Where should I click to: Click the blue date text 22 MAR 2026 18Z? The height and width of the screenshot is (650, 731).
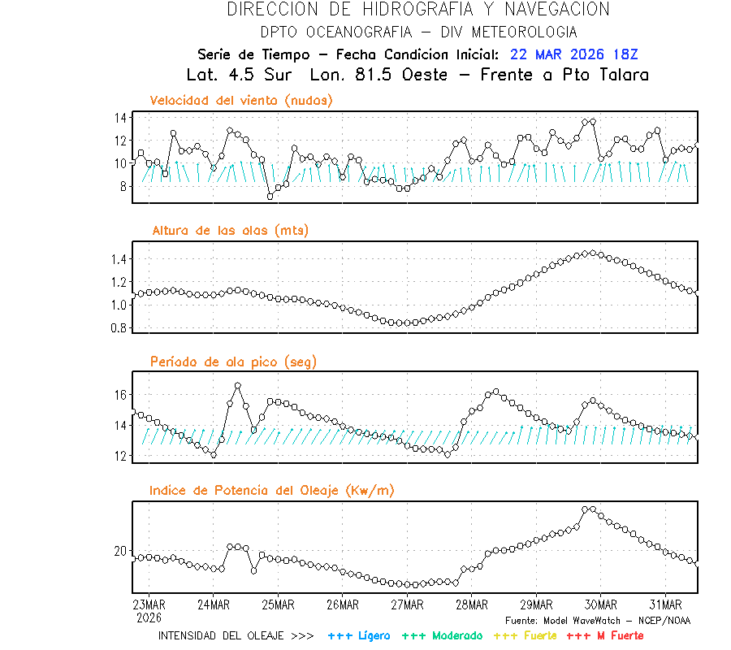(x=574, y=54)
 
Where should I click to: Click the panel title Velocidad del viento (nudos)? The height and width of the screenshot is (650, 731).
(x=241, y=100)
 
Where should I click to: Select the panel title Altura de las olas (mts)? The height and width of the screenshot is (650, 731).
(x=231, y=231)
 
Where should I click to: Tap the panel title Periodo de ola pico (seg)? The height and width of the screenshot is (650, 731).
(x=233, y=362)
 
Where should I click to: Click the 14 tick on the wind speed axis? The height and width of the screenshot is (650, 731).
(x=120, y=118)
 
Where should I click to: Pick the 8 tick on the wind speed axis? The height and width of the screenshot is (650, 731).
(x=123, y=186)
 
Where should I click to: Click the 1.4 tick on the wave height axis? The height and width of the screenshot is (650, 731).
(x=118, y=259)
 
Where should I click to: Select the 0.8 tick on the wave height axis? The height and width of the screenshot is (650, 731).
(x=118, y=328)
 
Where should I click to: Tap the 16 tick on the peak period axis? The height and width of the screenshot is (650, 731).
(x=120, y=395)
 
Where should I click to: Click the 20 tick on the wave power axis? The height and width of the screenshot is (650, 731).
(x=120, y=551)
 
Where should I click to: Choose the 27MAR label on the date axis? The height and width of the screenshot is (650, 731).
(x=407, y=604)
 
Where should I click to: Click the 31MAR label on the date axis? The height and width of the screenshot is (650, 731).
(x=665, y=604)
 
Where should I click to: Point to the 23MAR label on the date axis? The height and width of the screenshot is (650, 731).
(x=149, y=604)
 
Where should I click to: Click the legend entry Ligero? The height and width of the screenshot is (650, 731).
(x=360, y=635)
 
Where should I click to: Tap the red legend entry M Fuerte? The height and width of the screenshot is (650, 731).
(x=605, y=635)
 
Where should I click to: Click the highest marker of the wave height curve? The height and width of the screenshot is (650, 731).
(x=592, y=253)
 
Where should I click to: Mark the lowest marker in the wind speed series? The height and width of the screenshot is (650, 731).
(x=270, y=197)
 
